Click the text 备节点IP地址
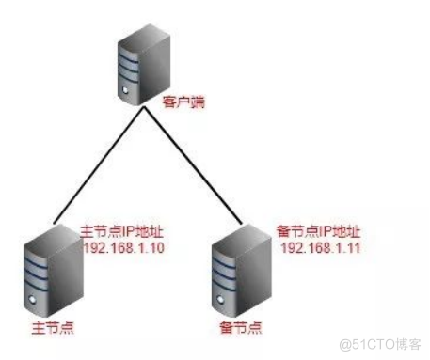point(319,231)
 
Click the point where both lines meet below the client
point(143,109)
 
